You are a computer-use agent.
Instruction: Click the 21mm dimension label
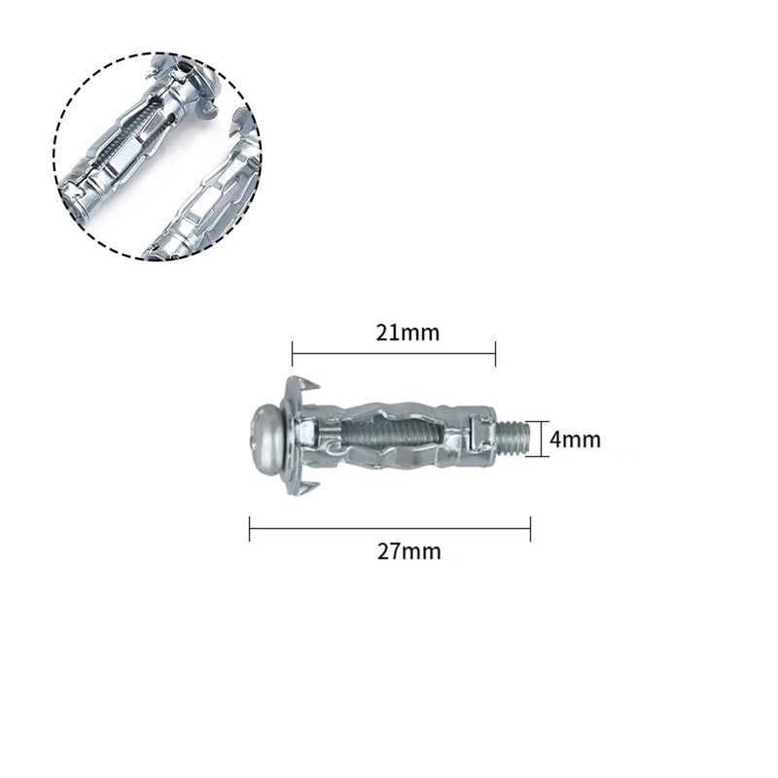[x=407, y=333]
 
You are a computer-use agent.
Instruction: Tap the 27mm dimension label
[x=408, y=551]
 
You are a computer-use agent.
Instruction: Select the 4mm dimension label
[x=575, y=440]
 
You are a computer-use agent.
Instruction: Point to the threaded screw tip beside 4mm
[x=513, y=439]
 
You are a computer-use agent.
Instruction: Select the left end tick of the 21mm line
[x=293, y=354]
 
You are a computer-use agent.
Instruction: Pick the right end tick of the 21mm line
[x=495, y=354]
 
